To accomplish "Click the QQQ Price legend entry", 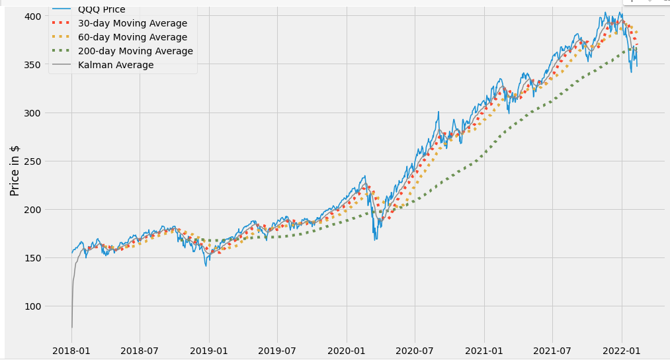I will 101,10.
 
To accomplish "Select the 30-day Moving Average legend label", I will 132,23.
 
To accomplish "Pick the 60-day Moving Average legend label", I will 132,37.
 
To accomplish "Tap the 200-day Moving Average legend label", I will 135,51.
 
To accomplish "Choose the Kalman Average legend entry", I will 116,65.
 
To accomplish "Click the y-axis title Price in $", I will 15,170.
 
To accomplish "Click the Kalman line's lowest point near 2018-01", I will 71,327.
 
